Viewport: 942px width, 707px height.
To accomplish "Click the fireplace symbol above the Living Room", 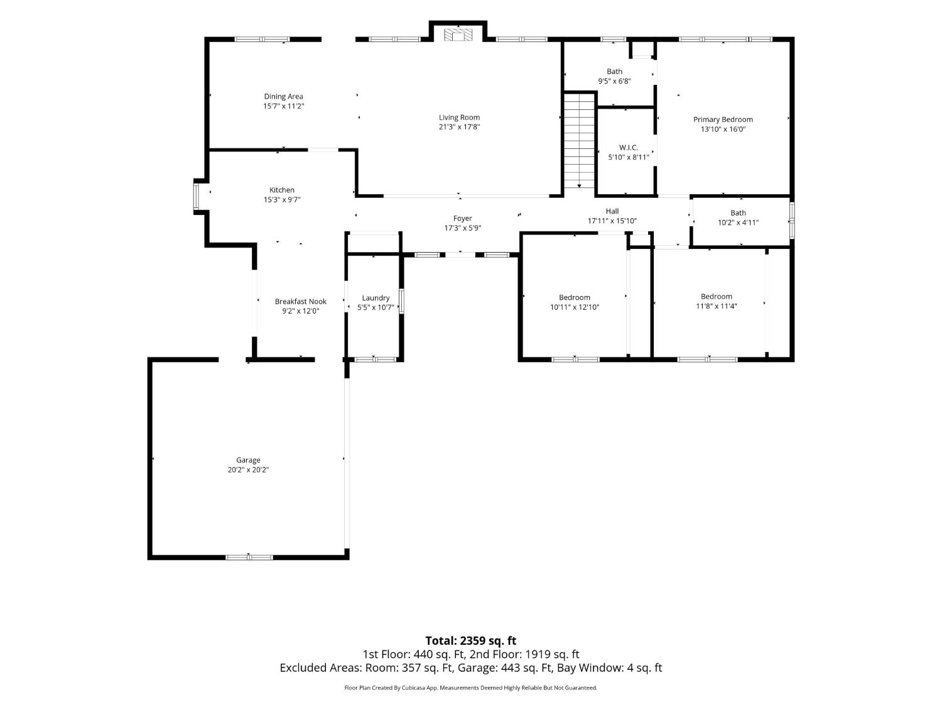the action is click(x=458, y=35).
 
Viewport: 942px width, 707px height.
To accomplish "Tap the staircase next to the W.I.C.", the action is click(x=579, y=141).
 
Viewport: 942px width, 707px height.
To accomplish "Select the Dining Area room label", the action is click(x=283, y=97).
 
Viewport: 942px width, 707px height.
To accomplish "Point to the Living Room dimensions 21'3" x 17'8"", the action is click(x=459, y=127).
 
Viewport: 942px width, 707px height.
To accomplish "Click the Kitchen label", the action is click(x=282, y=190).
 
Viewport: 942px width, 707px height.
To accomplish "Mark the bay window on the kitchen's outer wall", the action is click(x=196, y=196).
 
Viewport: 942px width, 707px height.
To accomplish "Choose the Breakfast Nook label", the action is click(x=300, y=302).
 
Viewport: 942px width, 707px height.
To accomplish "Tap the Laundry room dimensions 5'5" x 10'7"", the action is click(x=376, y=307).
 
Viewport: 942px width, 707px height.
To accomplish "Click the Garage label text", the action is click(x=248, y=460).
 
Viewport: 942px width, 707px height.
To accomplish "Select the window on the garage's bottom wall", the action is click(x=249, y=557).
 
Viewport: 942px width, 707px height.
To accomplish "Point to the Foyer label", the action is click(x=463, y=219).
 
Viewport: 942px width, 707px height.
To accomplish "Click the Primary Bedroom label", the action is click(x=723, y=120).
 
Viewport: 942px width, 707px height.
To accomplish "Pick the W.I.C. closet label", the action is click(x=628, y=148).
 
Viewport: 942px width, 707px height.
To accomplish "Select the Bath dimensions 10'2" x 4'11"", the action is click(x=738, y=223).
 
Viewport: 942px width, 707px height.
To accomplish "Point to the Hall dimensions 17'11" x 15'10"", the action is click(x=612, y=221).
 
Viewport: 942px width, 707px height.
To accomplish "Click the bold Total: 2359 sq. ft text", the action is click(x=471, y=641).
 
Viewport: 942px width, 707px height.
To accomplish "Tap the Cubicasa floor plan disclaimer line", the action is click(x=471, y=688).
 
